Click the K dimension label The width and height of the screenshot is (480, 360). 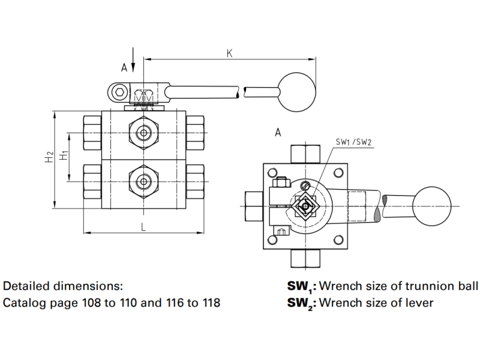click(229, 53)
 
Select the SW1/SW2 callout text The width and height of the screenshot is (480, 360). click(353, 142)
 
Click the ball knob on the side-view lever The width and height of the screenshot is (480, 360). click(298, 92)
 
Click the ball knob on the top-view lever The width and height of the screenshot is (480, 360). click(431, 205)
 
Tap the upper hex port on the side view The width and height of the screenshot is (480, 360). click(143, 132)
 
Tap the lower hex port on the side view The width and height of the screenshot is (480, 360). click(143, 179)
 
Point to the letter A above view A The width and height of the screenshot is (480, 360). click(278, 132)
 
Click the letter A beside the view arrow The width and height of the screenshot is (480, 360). click(124, 68)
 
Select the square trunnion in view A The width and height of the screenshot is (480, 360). click(307, 206)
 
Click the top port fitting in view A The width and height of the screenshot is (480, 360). click(306, 154)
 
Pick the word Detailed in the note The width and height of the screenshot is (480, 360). click(26, 286)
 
